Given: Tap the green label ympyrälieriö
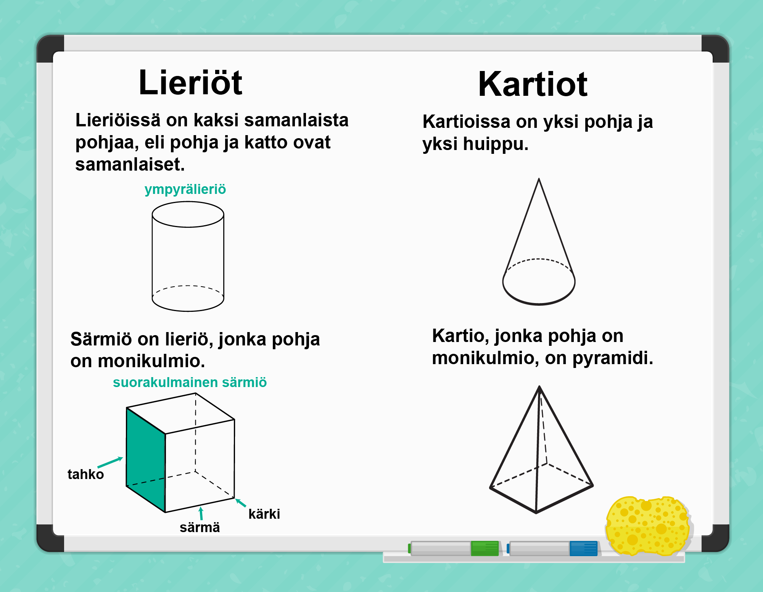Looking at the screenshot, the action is point(185,189).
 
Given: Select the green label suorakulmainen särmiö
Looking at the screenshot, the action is point(190,382).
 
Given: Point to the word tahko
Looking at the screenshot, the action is point(85,474).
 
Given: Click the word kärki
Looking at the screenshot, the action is point(264,514).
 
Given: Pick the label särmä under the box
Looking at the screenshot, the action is point(200,527).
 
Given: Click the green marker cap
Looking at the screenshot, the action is point(485,548).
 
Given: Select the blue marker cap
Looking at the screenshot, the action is point(584,548).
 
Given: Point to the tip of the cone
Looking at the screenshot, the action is point(539,179).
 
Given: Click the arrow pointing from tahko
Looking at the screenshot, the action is point(110,462).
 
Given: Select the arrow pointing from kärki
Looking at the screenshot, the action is point(240,503).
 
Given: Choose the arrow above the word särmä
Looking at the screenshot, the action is point(201,513).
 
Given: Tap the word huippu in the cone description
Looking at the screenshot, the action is point(496,144).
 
